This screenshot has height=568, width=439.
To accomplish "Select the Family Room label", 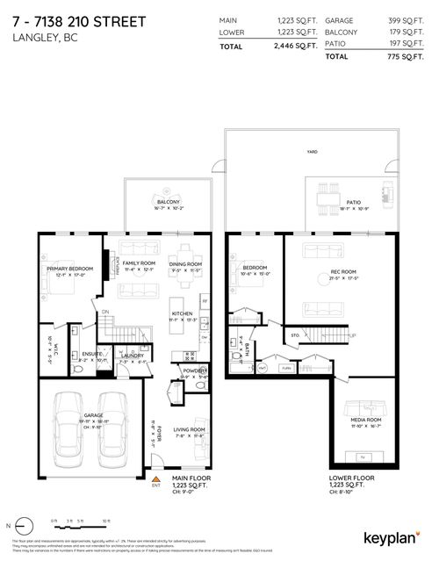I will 139,263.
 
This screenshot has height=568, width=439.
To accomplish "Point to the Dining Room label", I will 185,264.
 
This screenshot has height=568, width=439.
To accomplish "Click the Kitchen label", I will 182,313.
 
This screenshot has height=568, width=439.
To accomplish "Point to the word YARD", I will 312,151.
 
